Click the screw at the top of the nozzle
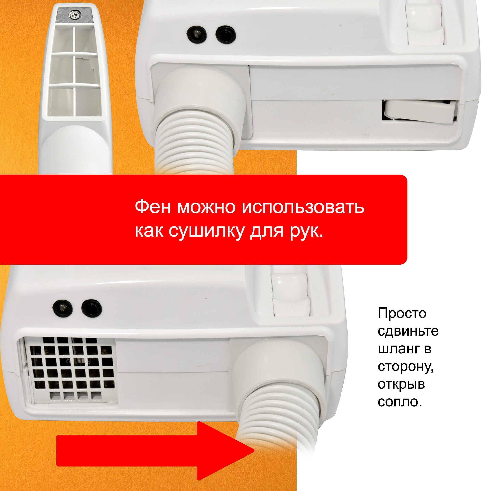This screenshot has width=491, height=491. pyautogui.click(x=74, y=15)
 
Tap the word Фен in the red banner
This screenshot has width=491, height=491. pyautogui.click(x=152, y=207)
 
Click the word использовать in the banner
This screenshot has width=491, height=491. pyautogui.click(x=303, y=207)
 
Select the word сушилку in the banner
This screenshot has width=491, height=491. pyautogui.click(x=207, y=231)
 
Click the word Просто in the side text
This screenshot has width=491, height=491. pyautogui.click(x=402, y=313)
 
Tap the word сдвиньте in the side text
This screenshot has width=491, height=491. pyautogui.click(x=408, y=331)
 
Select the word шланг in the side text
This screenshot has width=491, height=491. pyautogui.click(x=398, y=349)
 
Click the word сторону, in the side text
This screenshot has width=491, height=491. pyautogui.click(x=406, y=367)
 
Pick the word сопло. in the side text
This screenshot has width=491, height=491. pyautogui.click(x=399, y=402)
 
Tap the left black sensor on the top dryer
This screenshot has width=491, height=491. pyautogui.click(x=197, y=34)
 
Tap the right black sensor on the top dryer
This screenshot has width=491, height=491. pyautogui.click(x=226, y=35)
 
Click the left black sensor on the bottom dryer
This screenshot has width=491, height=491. pyautogui.click(x=63, y=308)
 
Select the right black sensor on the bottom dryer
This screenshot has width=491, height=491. pyautogui.click(x=92, y=308)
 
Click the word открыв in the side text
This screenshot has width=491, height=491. pyautogui.click(x=401, y=384)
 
